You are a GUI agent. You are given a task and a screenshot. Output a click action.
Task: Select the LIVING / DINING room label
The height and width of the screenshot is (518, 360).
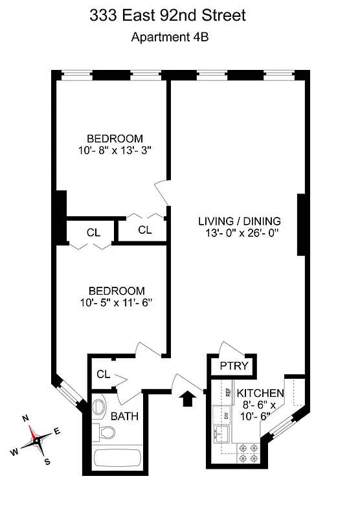(240, 221)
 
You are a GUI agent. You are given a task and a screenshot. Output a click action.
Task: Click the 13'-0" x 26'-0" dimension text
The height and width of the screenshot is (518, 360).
(240, 234)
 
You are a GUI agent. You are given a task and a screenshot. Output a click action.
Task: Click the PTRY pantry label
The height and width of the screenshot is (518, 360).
(232, 366)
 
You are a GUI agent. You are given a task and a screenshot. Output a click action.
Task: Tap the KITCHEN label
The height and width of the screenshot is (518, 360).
(260, 393)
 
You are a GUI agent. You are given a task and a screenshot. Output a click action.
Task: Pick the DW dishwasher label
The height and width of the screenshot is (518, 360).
(226, 416)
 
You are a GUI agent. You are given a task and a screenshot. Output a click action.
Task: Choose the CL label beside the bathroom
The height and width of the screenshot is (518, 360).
(103, 374)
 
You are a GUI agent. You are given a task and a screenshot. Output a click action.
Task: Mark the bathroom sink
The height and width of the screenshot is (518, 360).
(99, 406)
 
